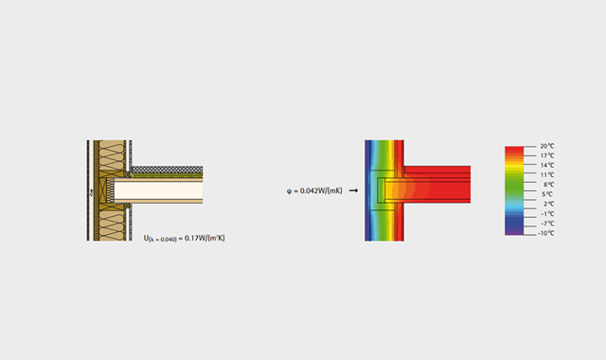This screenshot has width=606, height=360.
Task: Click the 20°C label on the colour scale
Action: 547,146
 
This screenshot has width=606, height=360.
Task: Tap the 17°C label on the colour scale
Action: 547,155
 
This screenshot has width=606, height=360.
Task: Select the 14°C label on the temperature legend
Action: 547,166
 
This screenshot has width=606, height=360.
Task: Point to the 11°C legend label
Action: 547,175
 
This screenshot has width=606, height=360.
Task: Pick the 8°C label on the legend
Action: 548,185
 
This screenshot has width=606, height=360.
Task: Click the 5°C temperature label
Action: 547,194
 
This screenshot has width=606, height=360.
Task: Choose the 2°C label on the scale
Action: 548,205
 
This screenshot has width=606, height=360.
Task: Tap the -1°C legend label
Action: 547,214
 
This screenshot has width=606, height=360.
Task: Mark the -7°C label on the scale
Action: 547,224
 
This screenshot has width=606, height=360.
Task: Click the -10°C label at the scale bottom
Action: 545,233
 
